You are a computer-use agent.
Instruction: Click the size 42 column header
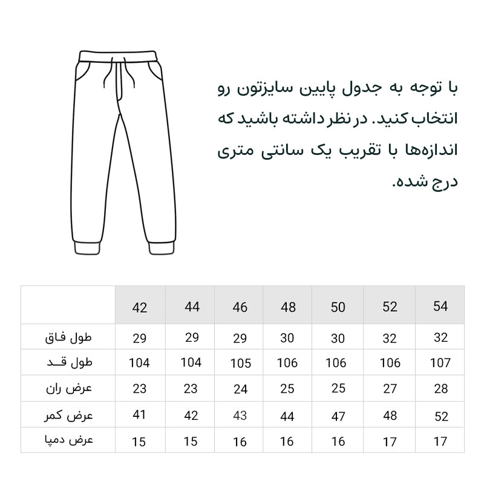tap(140, 307)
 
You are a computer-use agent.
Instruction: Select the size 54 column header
tap(441, 306)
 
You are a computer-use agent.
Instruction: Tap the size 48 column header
tap(289, 307)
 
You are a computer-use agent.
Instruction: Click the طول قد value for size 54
tap(441, 363)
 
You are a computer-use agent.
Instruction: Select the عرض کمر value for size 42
tap(140, 416)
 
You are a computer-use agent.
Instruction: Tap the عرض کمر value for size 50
tap(338, 416)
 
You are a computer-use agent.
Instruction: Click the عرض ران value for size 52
tap(390, 388)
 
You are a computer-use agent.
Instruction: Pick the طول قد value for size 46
tap(240, 364)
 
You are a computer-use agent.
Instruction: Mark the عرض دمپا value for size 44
tap(191, 441)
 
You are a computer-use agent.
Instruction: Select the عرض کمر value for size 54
tap(441, 416)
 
